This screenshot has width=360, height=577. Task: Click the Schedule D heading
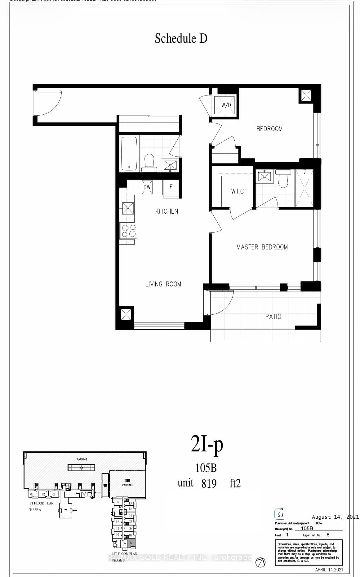pos(181,38)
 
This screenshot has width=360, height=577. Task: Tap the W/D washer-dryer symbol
pos(226,105)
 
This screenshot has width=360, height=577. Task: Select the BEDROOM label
pos(269,129)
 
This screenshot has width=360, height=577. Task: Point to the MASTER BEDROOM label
pos(262,247)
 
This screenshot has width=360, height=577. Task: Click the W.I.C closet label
pos(238,191)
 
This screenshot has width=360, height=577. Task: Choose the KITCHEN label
pos(167,211)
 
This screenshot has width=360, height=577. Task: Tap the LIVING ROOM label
pos(163,284)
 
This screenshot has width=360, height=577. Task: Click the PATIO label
pos(273,317)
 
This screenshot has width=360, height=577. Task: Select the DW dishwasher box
pos(147,187)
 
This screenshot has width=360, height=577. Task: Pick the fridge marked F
pos(171,187)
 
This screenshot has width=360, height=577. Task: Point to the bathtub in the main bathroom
pos(129,153)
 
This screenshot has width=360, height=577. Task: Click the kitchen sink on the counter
pos(128,208)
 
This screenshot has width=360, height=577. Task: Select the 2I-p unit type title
pos(207,445)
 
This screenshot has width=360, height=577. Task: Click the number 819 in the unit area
pos(209,483)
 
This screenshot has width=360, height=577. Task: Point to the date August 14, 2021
pos(335,517)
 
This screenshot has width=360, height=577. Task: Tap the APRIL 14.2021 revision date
pos(329,570)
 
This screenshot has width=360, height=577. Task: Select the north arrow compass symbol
pos(260,562)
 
